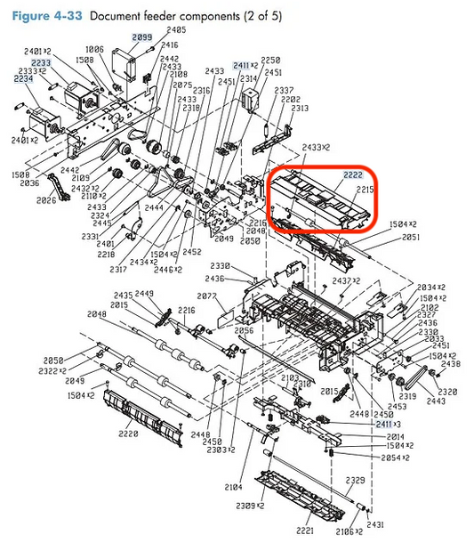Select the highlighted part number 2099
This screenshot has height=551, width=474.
(142, 36)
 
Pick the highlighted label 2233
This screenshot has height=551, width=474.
(42, 63)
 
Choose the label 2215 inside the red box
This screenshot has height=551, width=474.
(364, 189)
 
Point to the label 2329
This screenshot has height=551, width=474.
(355, 480)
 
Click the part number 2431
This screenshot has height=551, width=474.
(374, 525)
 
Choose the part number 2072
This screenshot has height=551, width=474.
(207, 295)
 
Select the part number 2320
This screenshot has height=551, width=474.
(447, 392)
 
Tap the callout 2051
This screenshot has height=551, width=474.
(410, 238)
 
